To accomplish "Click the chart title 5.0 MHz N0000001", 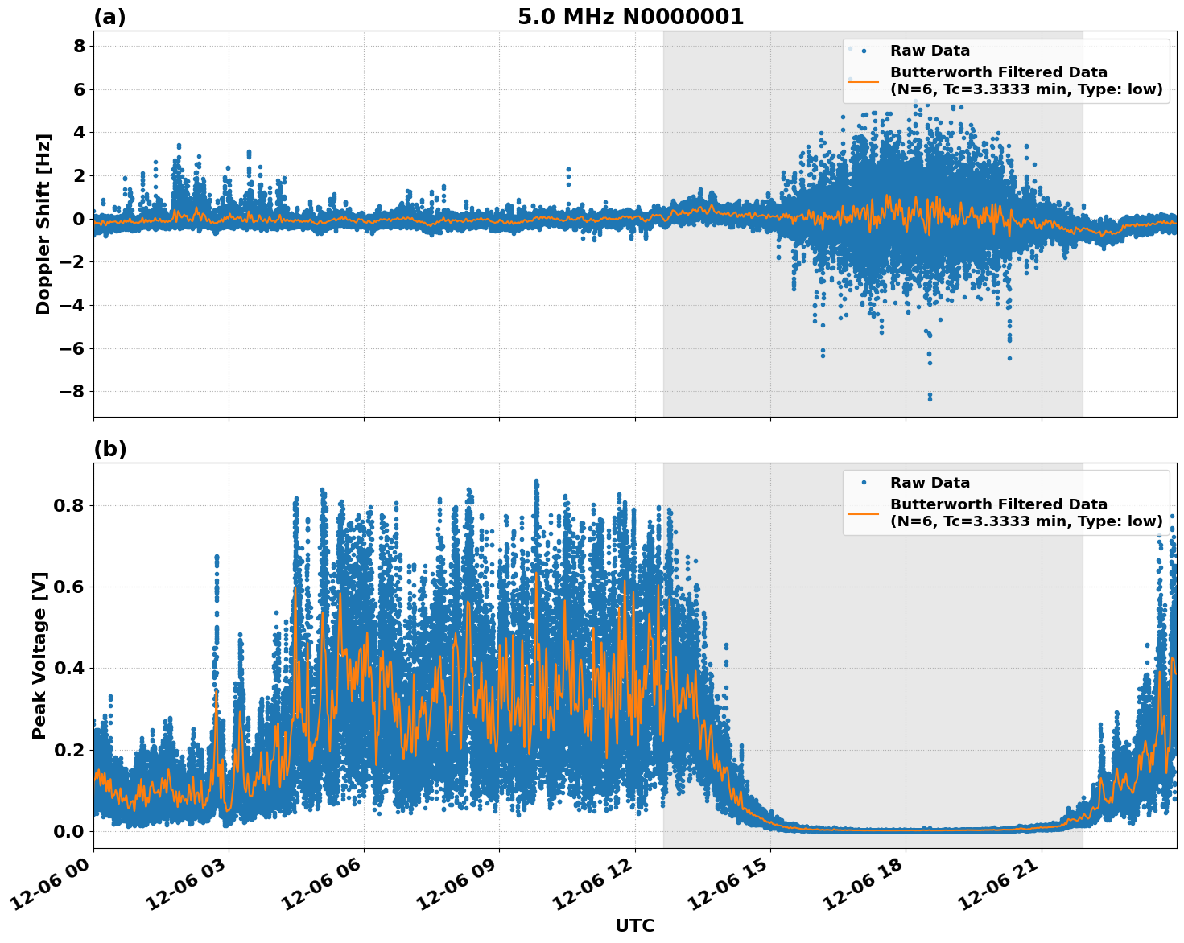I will point(630,17).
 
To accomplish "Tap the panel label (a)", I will point(109,17).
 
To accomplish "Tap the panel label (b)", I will point(110,449).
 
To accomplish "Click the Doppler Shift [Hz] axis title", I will point(43,224).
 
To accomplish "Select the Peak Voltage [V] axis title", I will point(39,655).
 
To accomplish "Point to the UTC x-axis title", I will point(634,925).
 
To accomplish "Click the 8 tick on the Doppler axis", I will point(79,47).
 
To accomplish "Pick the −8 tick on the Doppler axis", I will point(72,392).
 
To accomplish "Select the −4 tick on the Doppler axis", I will point(72,306).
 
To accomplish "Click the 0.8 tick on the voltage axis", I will point(69,506).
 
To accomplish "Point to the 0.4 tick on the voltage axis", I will point(69,669).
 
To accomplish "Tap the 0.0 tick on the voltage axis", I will point(69,831).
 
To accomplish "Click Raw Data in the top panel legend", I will point(930,51).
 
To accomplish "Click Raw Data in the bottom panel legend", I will point(930,483).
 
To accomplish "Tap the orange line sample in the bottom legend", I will point(863,513).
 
